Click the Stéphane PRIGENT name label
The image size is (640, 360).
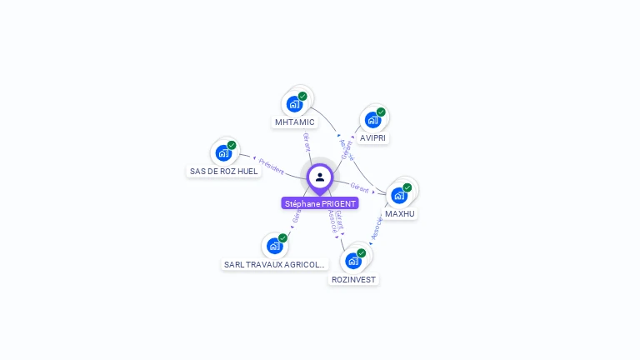point(320,203)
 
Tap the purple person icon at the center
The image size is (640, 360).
point(320,177)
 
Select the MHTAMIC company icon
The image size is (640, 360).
point(294,103)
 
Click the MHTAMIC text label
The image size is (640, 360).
point(294,122)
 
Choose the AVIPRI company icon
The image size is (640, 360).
point(372,119)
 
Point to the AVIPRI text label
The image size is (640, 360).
point(373,137)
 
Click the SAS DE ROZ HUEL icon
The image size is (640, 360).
point(223,152)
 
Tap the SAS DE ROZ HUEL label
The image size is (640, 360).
point(223,171)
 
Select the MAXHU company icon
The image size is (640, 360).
point(399,195)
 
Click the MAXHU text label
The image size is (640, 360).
point(400,213)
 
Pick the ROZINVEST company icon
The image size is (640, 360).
point(353,260)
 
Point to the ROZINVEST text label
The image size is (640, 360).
point(353,279)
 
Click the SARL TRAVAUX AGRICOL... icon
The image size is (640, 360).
point(274,246)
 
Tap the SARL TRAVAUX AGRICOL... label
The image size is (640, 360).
point(274,264)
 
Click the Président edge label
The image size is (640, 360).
point(271,165)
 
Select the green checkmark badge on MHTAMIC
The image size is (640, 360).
point(302,96)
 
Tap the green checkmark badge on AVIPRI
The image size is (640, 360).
point(381,112)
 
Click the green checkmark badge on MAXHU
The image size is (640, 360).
point(407,187)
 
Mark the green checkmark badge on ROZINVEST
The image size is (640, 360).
point(362,252)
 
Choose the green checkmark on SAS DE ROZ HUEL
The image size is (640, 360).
point(232,145)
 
